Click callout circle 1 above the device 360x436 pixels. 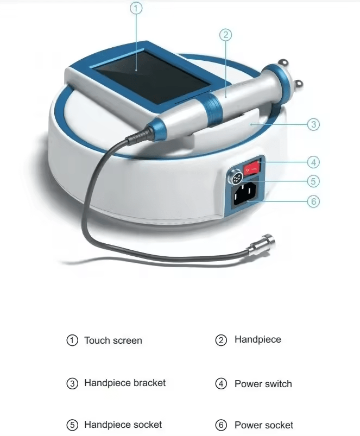tap(136, 8)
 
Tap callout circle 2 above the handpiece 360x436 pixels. tap(225, 35)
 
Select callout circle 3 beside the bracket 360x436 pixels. tap(314, 124)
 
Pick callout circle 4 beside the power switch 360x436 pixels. tap(313, 162)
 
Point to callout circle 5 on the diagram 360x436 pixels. tap(313, 181)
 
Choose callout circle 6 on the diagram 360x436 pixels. tap(313, 201)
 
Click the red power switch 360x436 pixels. tap(252, 168)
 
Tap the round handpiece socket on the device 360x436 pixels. tap(236, 177)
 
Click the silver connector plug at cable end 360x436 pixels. tap(262, 243)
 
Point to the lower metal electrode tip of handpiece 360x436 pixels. tap(298, 83)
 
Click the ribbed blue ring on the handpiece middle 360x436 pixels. tap(213, 106)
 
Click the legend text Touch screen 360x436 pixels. tap(113, 340)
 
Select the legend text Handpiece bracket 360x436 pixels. tap(125, 383)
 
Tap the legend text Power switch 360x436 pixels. tap(263, 384)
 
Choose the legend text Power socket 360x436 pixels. tap(264, 425)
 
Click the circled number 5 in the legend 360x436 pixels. tap(72, 425)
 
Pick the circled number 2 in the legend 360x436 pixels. tap(221, 340)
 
